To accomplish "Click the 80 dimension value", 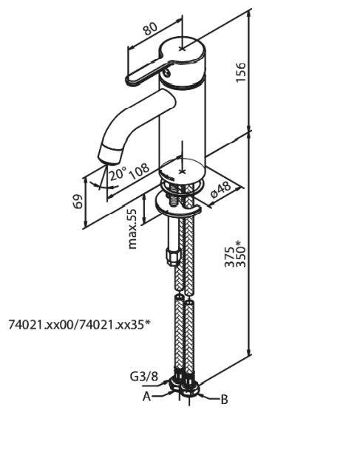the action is [x=151, y=29].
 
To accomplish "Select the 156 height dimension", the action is [x=241, y=72].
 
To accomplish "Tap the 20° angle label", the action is [x=118, y=174].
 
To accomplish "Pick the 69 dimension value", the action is [x=78, y=201].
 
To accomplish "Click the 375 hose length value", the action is [x=230, y=257].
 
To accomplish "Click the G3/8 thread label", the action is [x=144, y=377].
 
